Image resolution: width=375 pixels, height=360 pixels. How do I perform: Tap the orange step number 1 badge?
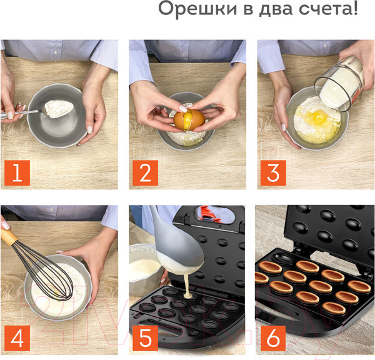tap(17, 172)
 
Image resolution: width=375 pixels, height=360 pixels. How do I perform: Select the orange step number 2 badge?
tap(145, 172)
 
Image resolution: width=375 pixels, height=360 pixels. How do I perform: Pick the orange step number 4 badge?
tap(17, 337)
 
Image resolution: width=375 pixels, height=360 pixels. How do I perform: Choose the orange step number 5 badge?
tap(145, 337)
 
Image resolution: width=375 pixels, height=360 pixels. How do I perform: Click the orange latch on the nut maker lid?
tap(211, 214)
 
